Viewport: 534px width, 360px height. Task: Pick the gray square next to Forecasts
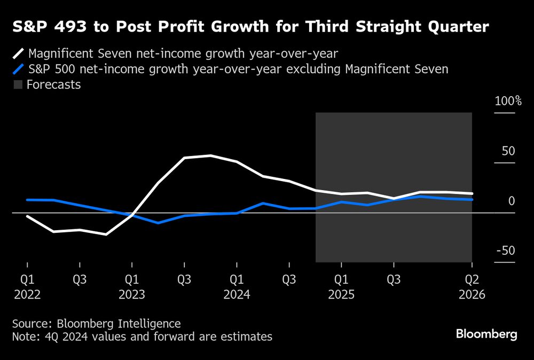tap(18, 84)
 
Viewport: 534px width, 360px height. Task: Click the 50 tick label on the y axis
tap(508, 151)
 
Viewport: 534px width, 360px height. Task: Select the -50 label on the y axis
tap(506, 251)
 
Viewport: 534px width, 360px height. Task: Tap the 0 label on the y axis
tap(512, 201)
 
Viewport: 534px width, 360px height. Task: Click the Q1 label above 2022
tap(27, 279)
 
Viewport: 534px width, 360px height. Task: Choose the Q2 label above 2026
tap(472, 279)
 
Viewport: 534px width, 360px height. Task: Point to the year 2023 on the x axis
tap(132, 294)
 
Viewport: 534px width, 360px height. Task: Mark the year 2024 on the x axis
tap(237, 294)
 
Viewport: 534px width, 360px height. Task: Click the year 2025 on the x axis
tap(341, 294)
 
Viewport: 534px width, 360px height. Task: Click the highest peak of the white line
tap(210, 155)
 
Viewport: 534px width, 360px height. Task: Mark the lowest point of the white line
tap(106, 234)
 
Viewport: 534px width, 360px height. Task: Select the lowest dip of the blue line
tap(158, 223)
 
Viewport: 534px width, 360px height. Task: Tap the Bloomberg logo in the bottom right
tap(486, 334)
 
